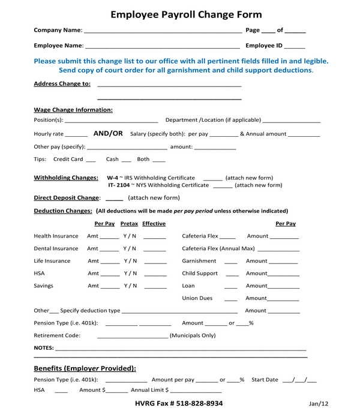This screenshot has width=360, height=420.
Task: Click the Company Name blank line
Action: coord(163,31)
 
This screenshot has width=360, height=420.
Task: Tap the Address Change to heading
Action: coord(62,84)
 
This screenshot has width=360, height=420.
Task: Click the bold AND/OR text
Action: coord(108,134)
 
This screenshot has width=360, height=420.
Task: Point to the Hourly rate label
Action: coord(49,134)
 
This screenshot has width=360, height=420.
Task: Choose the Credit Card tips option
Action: coord(68,160)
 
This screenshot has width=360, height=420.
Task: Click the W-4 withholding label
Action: coord(112,178)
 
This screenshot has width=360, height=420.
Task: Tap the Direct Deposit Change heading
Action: coord(66,198)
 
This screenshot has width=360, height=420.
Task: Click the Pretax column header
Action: coord(129,224)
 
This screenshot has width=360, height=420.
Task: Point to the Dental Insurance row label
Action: coord(56,248)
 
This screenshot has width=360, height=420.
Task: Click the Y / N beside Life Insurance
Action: coord(130,261)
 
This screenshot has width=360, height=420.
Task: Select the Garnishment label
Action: coord(199,261)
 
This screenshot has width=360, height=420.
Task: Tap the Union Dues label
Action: coord(197,298)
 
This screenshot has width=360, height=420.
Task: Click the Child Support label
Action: coord(200,274)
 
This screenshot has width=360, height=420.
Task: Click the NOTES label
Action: coord(44,348)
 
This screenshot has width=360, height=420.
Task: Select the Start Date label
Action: coord(265,380)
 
